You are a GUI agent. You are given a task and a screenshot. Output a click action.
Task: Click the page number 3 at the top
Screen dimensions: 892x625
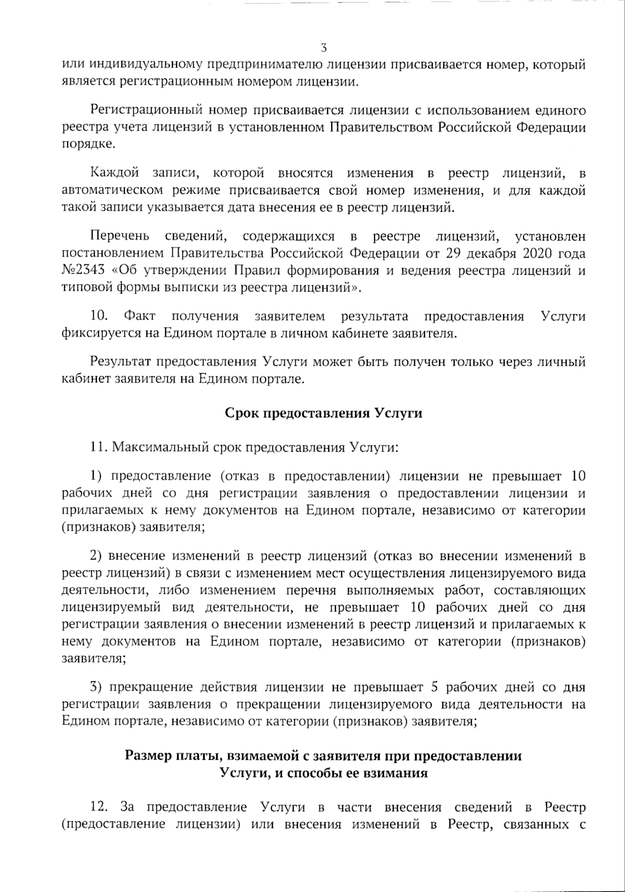click(x=324, y=48)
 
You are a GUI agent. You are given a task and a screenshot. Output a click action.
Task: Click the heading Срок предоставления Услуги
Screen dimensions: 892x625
click(x=323, y=413)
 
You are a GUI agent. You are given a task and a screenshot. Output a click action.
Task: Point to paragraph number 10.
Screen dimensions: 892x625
click(x=98, y=316)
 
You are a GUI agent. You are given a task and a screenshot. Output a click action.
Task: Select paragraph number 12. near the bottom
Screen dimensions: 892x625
click(x=99, y=807)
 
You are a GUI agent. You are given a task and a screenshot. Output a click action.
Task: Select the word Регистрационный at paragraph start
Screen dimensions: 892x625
click(x=146, y=110)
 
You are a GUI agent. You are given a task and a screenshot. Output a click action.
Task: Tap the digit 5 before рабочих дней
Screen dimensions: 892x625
click(x=435, y=687)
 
